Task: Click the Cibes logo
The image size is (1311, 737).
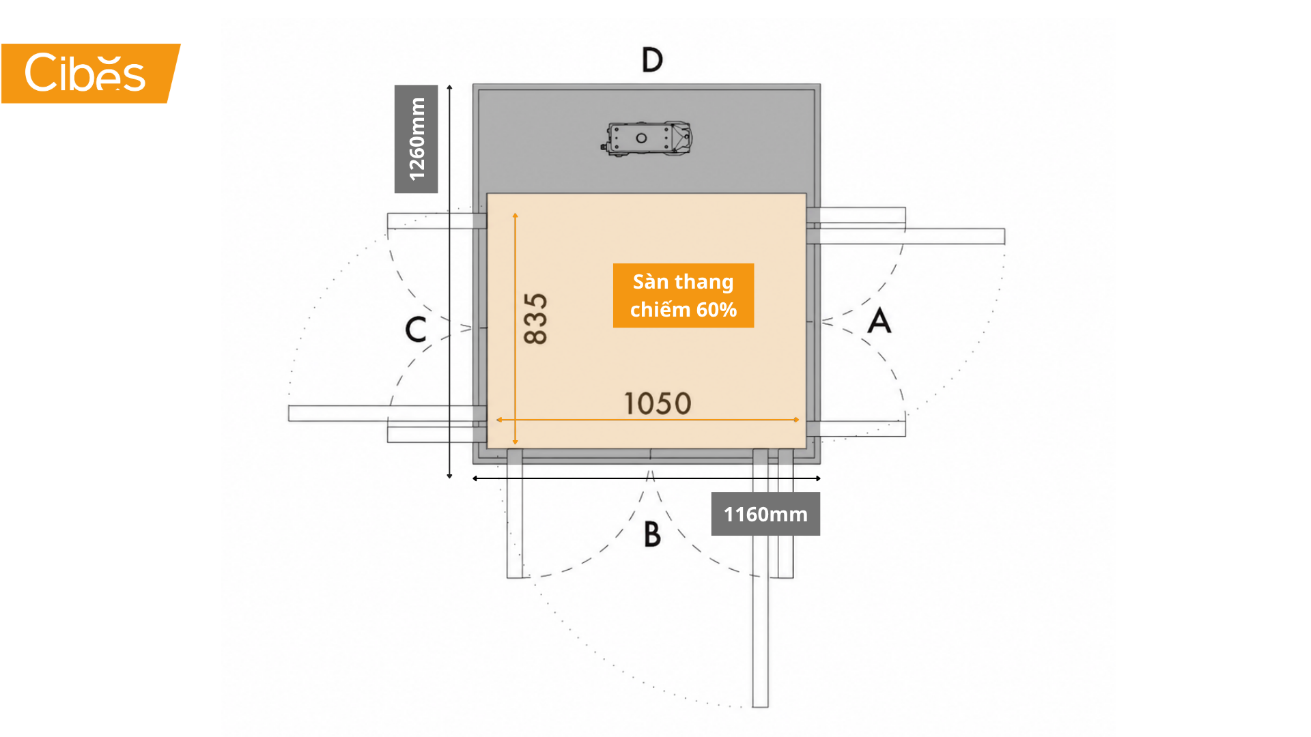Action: coord(90,73)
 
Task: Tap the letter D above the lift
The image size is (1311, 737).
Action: coord(652,60)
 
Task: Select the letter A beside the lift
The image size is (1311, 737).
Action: coord(879,320)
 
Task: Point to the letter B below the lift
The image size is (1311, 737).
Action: coord(652,534)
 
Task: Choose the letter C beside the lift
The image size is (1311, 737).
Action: coord(416,329)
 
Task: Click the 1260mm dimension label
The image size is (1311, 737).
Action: coord(416,139)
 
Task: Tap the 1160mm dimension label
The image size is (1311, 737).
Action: coord(765,514)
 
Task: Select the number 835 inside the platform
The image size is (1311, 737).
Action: coord(535,319)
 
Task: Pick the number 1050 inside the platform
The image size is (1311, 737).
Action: coord(658,403)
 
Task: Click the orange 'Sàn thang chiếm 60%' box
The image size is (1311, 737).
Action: coord(683,295)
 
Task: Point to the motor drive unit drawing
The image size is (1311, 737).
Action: coord(647,139)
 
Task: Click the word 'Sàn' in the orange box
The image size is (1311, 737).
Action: coord(651,281)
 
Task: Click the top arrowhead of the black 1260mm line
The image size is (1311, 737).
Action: coord(449,87)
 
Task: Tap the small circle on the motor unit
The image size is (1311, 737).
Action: coord(641,138)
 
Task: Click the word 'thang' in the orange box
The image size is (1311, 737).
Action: coord(704,283)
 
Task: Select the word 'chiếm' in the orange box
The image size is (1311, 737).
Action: coord(660,309)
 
